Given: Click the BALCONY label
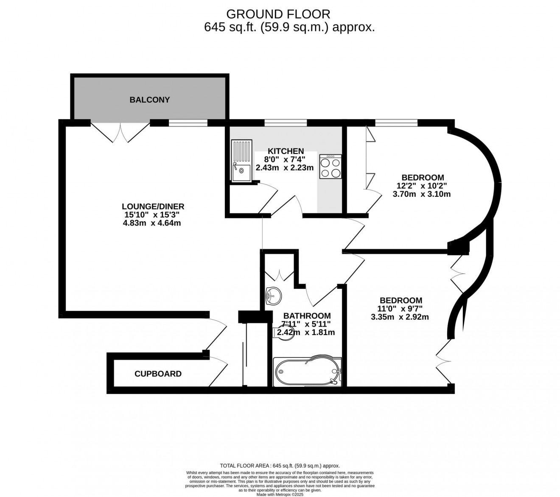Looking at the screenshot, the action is click(x=149, y=100).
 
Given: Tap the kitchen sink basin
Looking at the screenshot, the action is click(x=241, y=173).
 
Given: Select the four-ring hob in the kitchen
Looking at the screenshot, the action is click(x=330, y=166).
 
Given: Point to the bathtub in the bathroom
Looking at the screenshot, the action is click(x=307, y=371).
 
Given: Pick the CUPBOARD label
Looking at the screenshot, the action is click(x=158, y=374).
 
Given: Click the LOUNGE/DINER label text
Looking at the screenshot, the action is click(x=153, y=207).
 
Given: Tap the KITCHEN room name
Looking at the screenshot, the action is click(x=286, y=151).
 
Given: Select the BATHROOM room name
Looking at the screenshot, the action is click(x=307, y=316).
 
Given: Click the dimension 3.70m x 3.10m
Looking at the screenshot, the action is click(x=422, y=194).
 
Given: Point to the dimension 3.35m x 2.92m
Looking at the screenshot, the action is click(x=400, y=317).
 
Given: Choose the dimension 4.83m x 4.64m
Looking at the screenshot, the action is click(x=152, y=223).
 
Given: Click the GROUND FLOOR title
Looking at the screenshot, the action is click(x=278, y=14).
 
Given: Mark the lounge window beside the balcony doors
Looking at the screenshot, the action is click(x=188, y=123).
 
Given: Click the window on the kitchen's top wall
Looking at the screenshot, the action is click(x=286, y=123).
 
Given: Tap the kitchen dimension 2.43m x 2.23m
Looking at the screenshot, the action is click(x=284, y=168).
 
